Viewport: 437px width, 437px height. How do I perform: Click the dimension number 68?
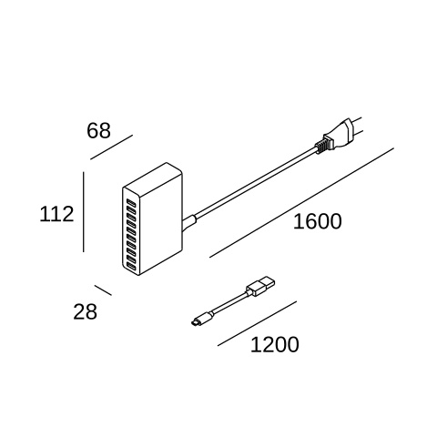(x=98, y=131)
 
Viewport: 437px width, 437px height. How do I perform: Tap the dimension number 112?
(x=56, y=214)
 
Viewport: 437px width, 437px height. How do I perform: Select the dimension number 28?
(x=85, y=311)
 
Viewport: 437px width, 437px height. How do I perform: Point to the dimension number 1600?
(x=317, y=221)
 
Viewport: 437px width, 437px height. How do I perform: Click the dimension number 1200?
(x=275, y=344)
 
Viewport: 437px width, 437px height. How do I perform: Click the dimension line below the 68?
(x=112, y=147)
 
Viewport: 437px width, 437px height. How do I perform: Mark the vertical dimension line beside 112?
(x=84, y=212)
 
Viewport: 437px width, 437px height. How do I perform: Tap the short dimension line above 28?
(x=103, y=290)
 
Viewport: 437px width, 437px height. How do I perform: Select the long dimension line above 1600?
(x=301, y=203)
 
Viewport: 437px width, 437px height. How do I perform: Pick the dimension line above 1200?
(x=257, y=323)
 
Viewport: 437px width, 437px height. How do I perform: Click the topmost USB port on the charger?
(x=131, y=202)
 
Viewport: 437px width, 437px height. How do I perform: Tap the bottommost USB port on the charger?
(x=131, y=267)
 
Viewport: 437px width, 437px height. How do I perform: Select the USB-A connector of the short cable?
(x=261, y=286)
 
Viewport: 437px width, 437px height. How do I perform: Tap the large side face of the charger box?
(x=161, y=225)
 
